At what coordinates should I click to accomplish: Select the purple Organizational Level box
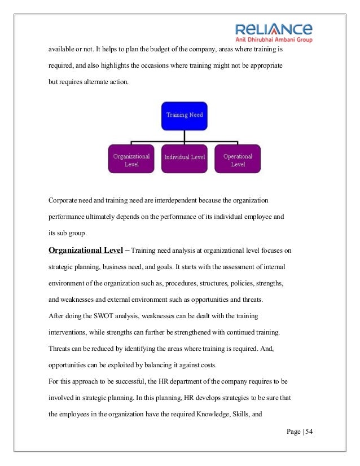click(131, 160)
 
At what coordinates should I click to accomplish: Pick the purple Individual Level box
click(185, 157)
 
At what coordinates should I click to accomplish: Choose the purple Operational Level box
click(238, 160)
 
